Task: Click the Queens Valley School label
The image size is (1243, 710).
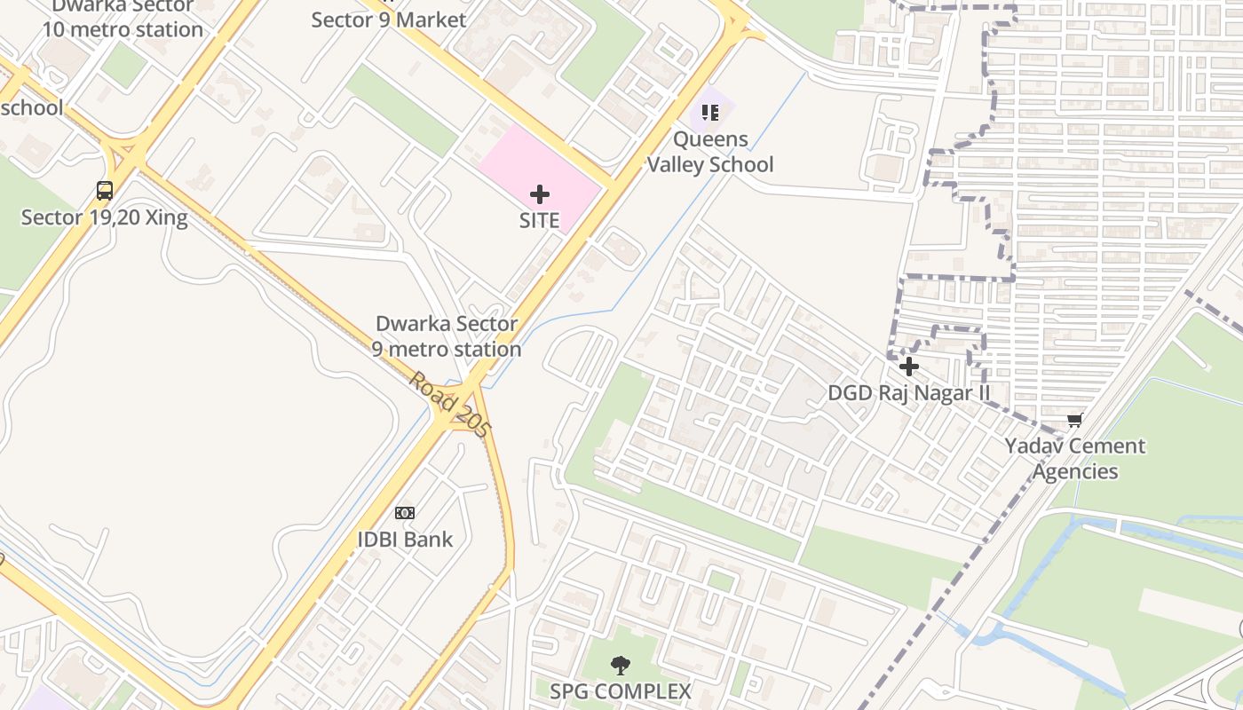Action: (709, 152)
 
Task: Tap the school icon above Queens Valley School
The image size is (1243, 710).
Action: (709, 112)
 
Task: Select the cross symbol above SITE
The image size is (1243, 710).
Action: (539, 194)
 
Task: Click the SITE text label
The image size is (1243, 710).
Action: (539, 220)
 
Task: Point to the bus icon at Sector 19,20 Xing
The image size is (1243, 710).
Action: (105, 190)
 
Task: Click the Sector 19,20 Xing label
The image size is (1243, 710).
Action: (105, 217)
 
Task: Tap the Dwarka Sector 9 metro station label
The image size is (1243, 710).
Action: (447, 336)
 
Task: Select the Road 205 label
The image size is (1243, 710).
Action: (449, 405)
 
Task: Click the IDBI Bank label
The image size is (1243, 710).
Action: (405, 539)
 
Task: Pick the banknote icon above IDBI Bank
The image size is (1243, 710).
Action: (405, 512)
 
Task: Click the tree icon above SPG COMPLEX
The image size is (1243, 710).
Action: (620, 665)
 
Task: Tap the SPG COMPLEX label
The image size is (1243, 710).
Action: (620, 691)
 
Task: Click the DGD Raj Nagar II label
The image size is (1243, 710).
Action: (908, 392)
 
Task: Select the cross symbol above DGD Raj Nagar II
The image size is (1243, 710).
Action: (908, 366)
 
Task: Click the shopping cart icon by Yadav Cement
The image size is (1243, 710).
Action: (1075, 419)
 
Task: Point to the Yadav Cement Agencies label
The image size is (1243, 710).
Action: (1075, 458)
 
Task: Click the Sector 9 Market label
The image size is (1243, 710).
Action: (389, 20)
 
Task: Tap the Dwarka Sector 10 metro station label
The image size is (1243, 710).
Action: (123, 18)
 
